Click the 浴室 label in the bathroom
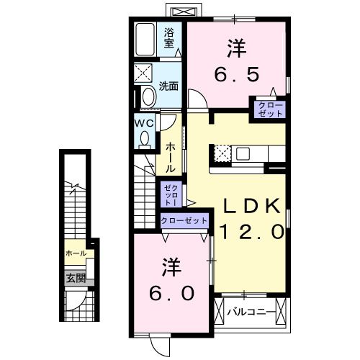169,37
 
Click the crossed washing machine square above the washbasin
145,73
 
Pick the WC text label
143,122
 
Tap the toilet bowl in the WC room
145,138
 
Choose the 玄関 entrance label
76,278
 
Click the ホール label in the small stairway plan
76,253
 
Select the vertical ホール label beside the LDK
170,156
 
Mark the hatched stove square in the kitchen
222,153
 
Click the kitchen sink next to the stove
243,153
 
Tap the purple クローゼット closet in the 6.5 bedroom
268,109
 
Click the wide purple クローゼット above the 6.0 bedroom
184,220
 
